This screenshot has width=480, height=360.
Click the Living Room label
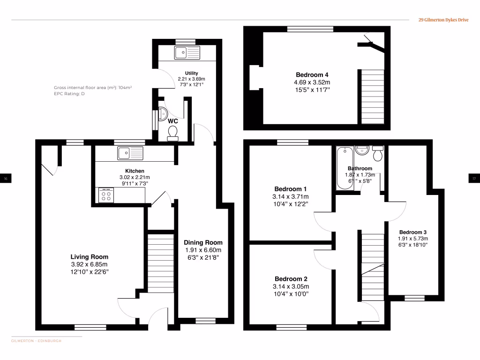point(89,257)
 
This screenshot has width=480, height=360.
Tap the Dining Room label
point(203,242)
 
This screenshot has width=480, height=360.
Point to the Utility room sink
point(187,52)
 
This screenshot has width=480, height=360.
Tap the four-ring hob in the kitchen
point(106,195)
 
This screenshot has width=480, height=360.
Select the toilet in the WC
point(173,133)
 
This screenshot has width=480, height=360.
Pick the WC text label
point(173,120)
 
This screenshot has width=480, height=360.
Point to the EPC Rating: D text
point(69,94)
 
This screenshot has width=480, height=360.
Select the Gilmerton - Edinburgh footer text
point(36,341)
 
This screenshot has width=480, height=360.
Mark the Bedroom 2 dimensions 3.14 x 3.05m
point(291,286)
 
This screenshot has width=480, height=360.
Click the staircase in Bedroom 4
point(370,96)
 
